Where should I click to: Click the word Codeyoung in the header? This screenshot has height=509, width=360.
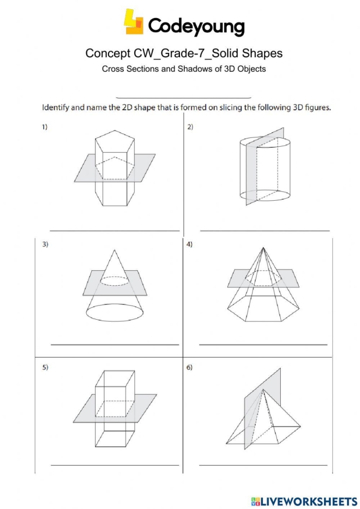coord(196,26)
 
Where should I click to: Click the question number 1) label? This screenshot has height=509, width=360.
coord(45,127)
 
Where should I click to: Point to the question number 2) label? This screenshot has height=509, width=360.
coord(190,127)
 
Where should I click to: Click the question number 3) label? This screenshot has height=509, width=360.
coord(45,244)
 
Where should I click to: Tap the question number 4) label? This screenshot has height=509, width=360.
coord(190,244)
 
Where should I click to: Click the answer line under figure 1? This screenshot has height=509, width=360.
coord(114,231)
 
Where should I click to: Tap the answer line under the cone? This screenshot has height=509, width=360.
coord(114,344)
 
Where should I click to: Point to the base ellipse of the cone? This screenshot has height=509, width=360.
coord(114,312)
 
